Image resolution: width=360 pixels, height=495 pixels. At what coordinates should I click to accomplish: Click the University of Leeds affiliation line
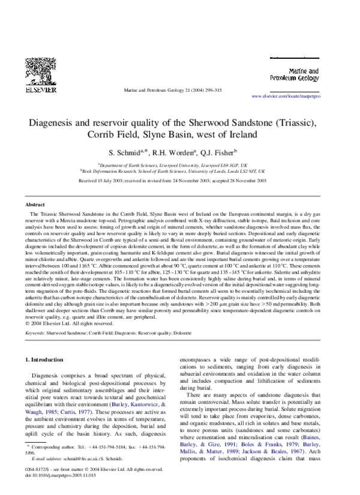(x=180, y=170)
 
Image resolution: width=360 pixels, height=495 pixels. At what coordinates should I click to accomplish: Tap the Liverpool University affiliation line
(x=180, y=163)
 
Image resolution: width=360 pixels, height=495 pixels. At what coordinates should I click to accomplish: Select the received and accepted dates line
(x=180, y=180)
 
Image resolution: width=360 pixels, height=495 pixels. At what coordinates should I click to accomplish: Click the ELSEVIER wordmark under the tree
(x=41, y=89)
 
